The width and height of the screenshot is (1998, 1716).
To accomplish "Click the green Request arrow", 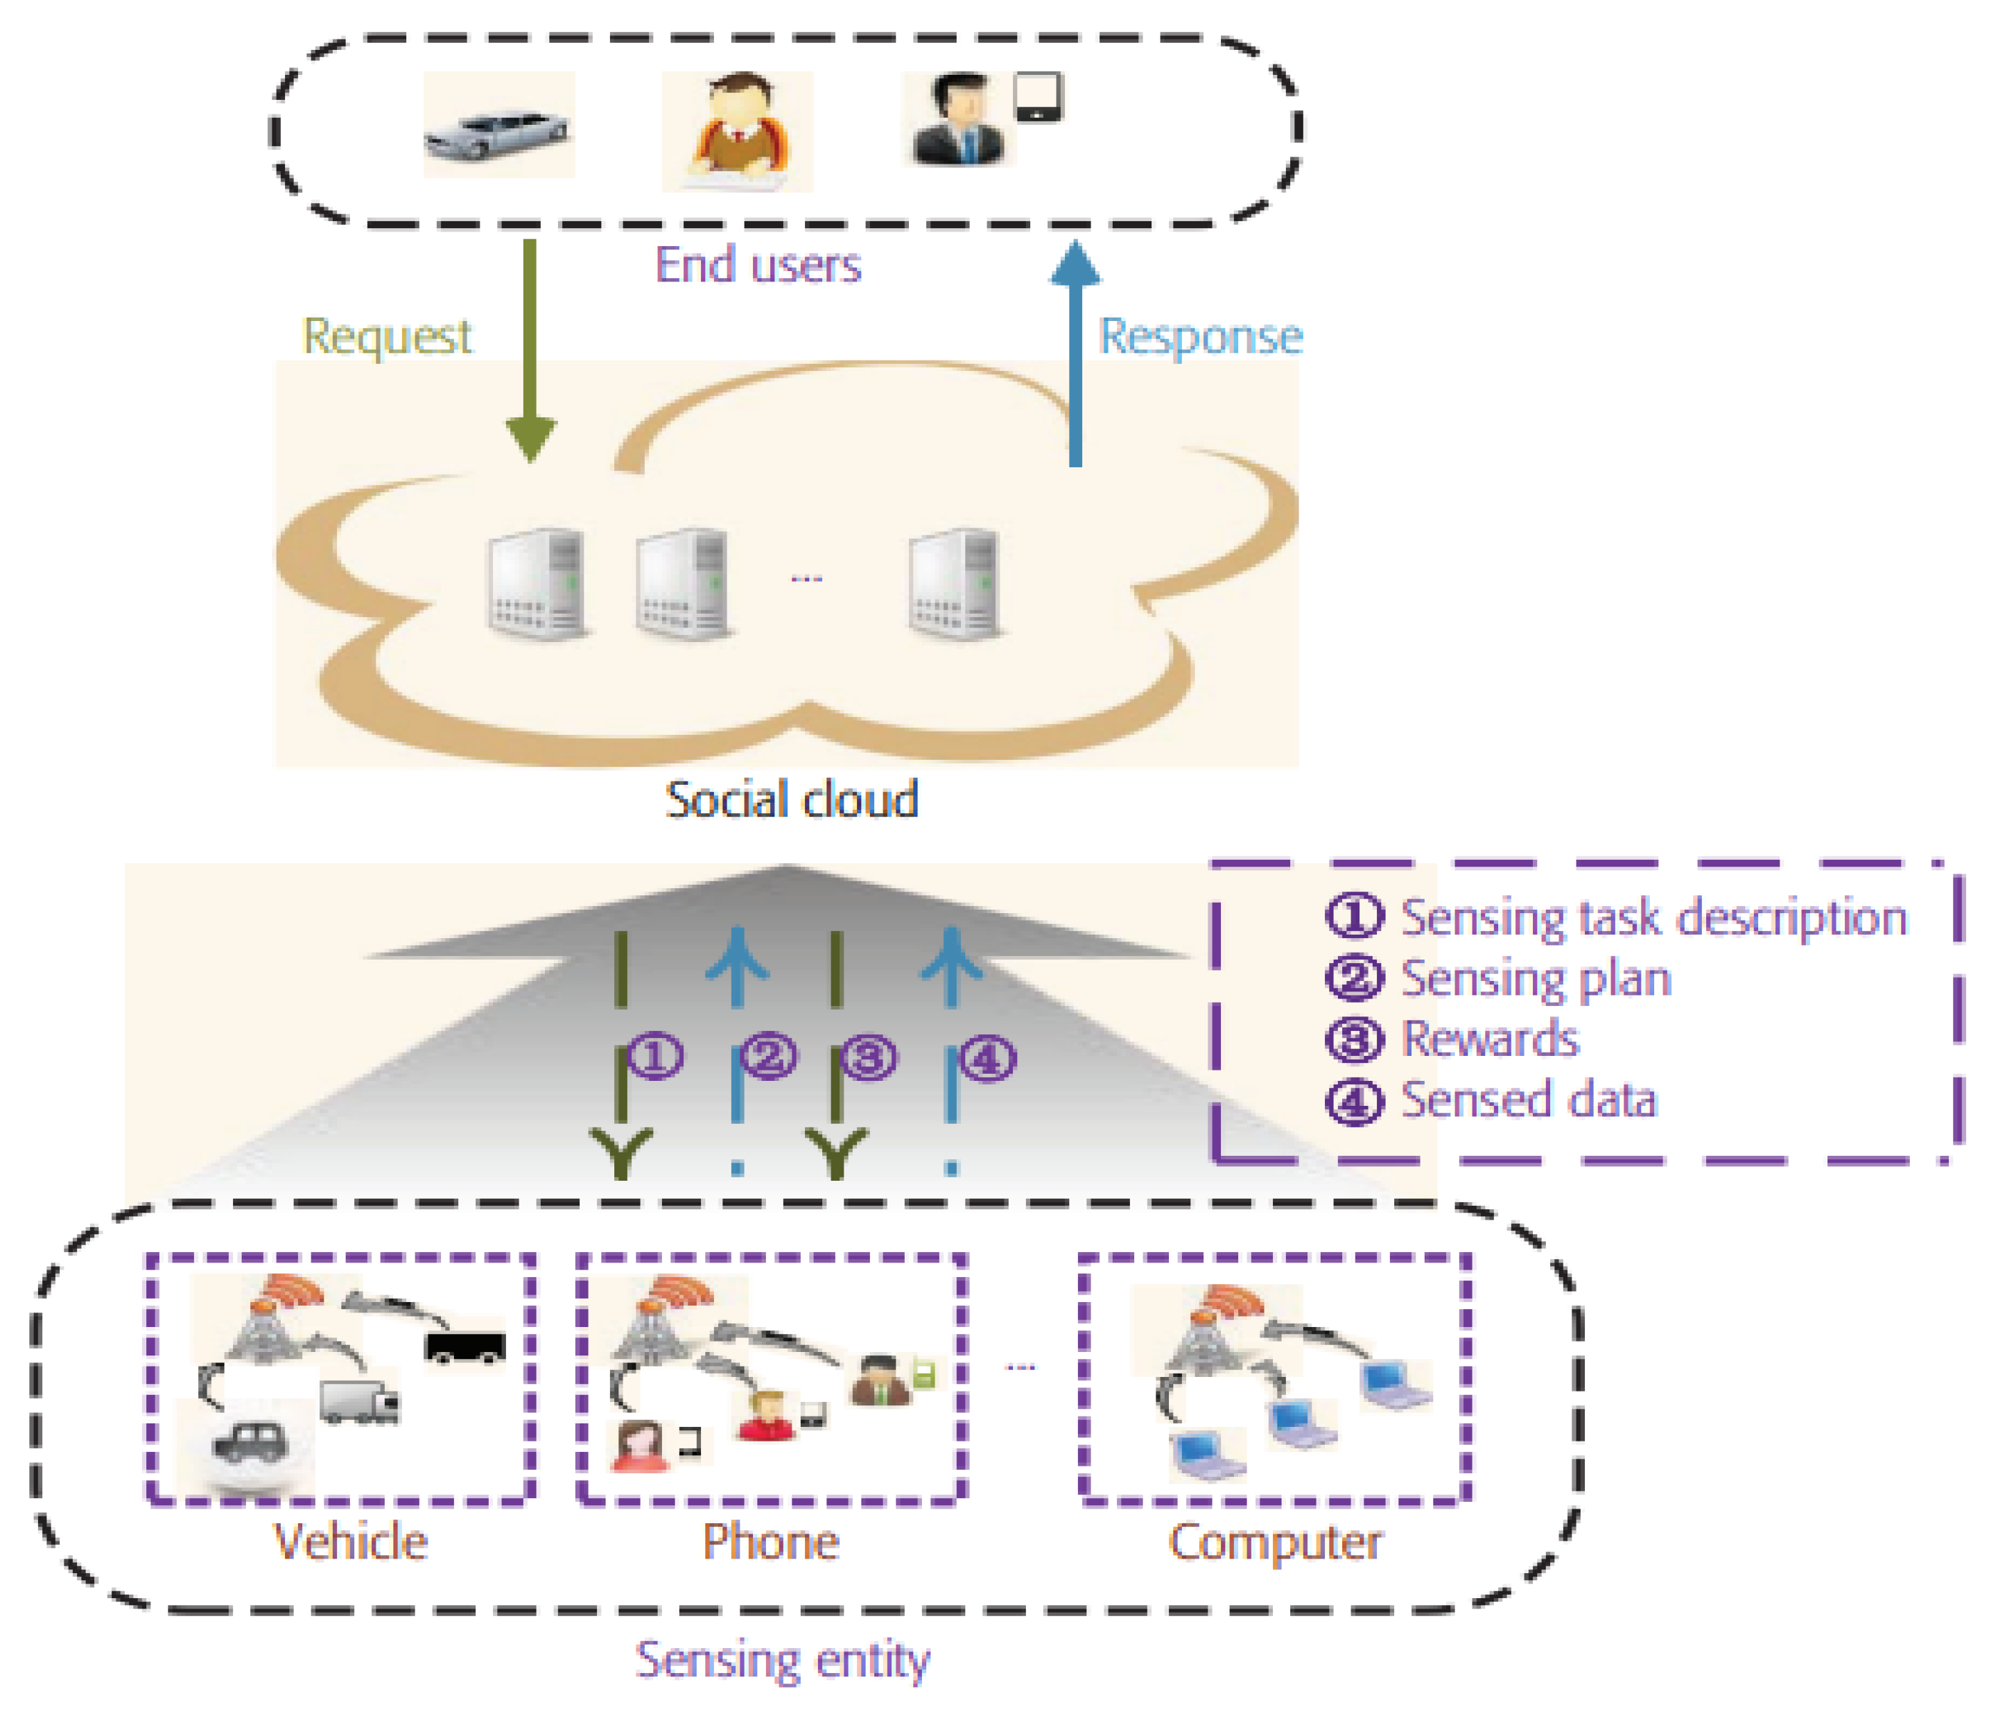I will (530, 347).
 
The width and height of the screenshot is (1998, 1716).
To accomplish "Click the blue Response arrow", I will (1075, 357).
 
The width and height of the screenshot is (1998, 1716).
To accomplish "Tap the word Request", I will (387, 337).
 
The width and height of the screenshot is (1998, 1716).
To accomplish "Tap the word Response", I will (1201, 337).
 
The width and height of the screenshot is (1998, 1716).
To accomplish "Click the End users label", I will (758, 266).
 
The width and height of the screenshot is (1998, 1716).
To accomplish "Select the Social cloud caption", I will (792, 799).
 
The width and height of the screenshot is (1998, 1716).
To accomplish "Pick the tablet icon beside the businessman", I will (1039, 98).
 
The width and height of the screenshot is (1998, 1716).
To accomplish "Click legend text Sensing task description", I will (1653, 917).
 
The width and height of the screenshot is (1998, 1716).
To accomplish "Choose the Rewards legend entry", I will (1489, 1039).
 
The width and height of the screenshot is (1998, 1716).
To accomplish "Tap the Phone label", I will (770, 1541).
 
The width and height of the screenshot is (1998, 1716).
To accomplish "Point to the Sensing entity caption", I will (782, 1659).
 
